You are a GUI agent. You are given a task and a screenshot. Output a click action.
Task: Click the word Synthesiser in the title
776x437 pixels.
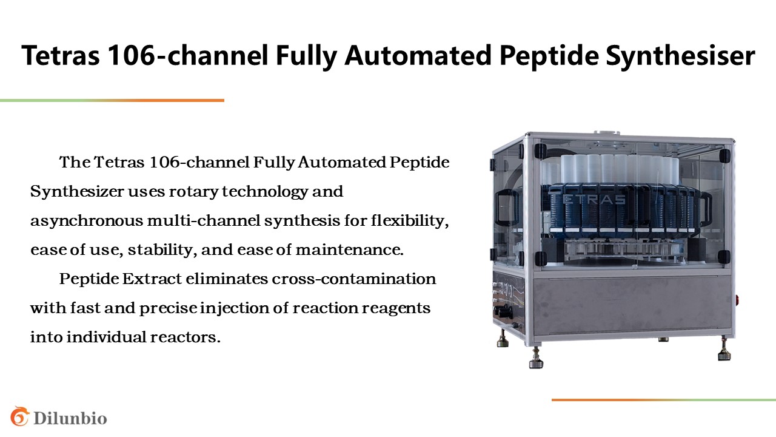(680, 56)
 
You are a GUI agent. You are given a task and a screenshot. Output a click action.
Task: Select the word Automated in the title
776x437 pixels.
(418, 55)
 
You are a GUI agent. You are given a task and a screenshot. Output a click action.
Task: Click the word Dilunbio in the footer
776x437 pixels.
(70, 418)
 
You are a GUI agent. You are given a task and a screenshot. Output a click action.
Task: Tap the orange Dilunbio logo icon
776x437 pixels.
(20, 416)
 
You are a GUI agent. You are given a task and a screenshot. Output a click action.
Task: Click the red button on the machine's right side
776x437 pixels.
(737, 299)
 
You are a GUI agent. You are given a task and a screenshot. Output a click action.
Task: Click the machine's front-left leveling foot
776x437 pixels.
(536, 358)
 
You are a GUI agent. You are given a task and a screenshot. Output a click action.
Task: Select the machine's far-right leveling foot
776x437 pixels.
(724, 350)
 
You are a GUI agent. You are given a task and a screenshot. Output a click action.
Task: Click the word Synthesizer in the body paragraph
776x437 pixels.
(77, 192)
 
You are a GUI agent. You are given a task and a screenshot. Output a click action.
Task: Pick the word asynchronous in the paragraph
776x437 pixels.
(87, 221)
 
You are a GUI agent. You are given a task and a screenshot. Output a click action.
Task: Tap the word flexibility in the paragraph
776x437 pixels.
(410, 221)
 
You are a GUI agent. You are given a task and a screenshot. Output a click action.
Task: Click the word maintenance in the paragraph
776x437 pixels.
(350, 249)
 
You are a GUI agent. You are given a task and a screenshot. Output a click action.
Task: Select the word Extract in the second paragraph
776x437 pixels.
(152, 279)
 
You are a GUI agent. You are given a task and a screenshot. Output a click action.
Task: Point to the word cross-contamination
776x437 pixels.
(353, 279)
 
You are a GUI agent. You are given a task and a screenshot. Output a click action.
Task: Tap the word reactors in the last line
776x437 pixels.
(186, 337)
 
